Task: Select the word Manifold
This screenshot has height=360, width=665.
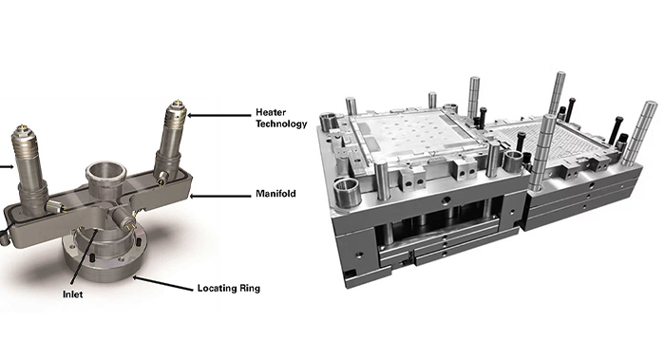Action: tap(275, 194)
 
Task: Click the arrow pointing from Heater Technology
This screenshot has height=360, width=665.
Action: tap(219, 114)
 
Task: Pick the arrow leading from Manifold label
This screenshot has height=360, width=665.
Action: tap(222, 195)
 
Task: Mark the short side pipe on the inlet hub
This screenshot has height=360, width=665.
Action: tap(123, 220)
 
